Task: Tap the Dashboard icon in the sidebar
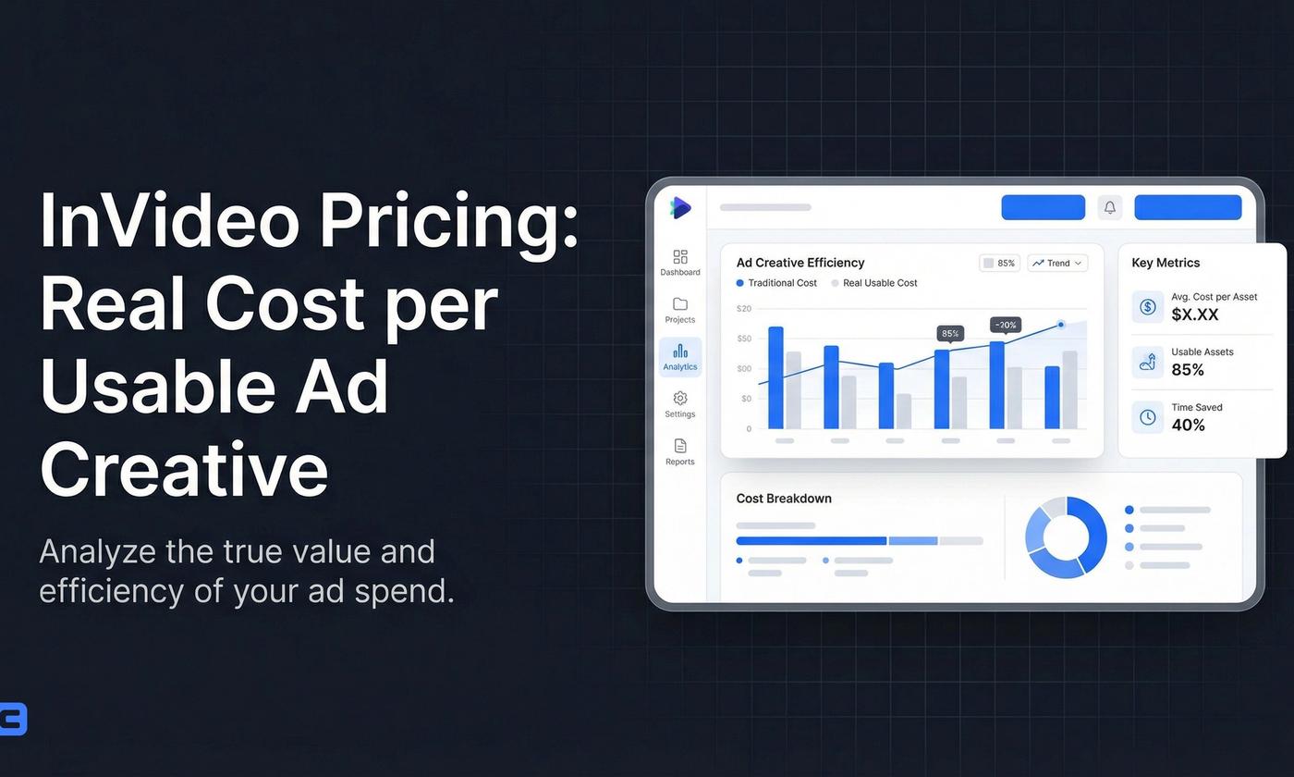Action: tap(680, 257)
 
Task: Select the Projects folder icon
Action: tap(680, 304)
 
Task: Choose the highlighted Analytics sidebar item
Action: tap(680, 356)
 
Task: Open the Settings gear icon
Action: tap(680, 399)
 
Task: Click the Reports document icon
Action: tap(680, 446)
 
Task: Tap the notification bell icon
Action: tap(1110, 207)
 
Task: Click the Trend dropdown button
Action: tap(1057, 264)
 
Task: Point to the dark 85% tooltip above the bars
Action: tap(950, 334)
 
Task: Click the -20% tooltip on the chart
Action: tap(1006, 325)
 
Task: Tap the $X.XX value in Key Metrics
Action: tap(1195, 314)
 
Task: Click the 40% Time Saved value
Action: tap(1188, 425)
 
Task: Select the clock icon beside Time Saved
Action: tap(1148, 417)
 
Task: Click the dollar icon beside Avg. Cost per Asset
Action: tap(1148, 306)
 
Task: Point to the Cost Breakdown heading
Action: tap(784, 499)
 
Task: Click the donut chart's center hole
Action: tap(1066, 537)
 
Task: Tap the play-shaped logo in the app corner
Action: tap(681, 207)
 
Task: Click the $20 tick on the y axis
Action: tap(744, 309)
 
